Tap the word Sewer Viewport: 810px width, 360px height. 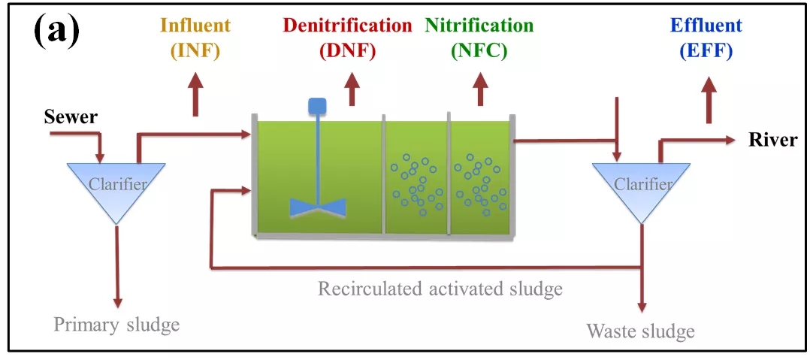[x=70, y=117]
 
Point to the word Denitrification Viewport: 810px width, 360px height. [x=347, y=26]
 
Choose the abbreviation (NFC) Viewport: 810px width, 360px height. [x=479, y=50]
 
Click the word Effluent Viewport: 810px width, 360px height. [x=707, y=26]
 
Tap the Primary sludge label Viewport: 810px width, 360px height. [x=116, y=325]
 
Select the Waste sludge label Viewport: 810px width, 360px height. [x=640, y=331]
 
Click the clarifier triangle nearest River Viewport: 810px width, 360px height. [x=641, y=188]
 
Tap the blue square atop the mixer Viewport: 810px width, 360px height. [x=316, y=107]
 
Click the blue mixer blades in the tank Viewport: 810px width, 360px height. [x=317, y=206]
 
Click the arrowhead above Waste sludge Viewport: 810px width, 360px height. [x=641, y=307]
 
